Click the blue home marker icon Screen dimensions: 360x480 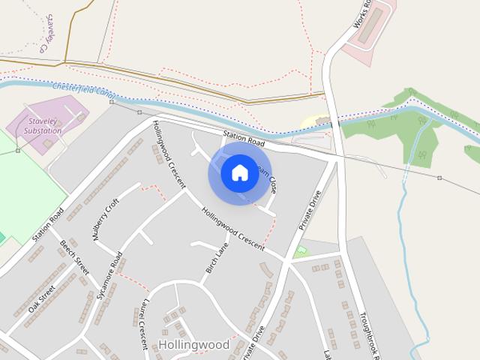(x=239, y=173)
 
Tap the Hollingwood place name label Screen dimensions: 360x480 (x=193, y=344)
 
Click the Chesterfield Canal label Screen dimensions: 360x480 (x=84, y=91)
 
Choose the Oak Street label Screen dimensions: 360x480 (x=43, y=298)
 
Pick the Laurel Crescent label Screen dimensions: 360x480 (x=139, y=326)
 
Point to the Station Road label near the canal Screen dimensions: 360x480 (x=244, y=139)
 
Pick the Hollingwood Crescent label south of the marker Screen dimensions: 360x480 (x=232, y=228)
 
